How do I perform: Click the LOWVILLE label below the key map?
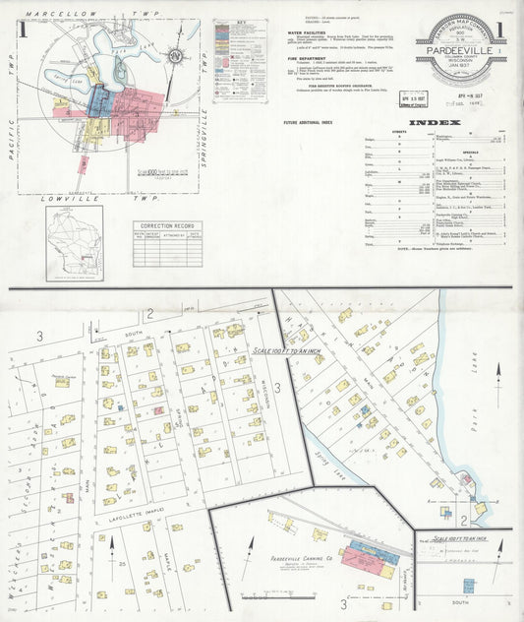tap(67, 198)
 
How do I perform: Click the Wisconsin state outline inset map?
tap(74, 242)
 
